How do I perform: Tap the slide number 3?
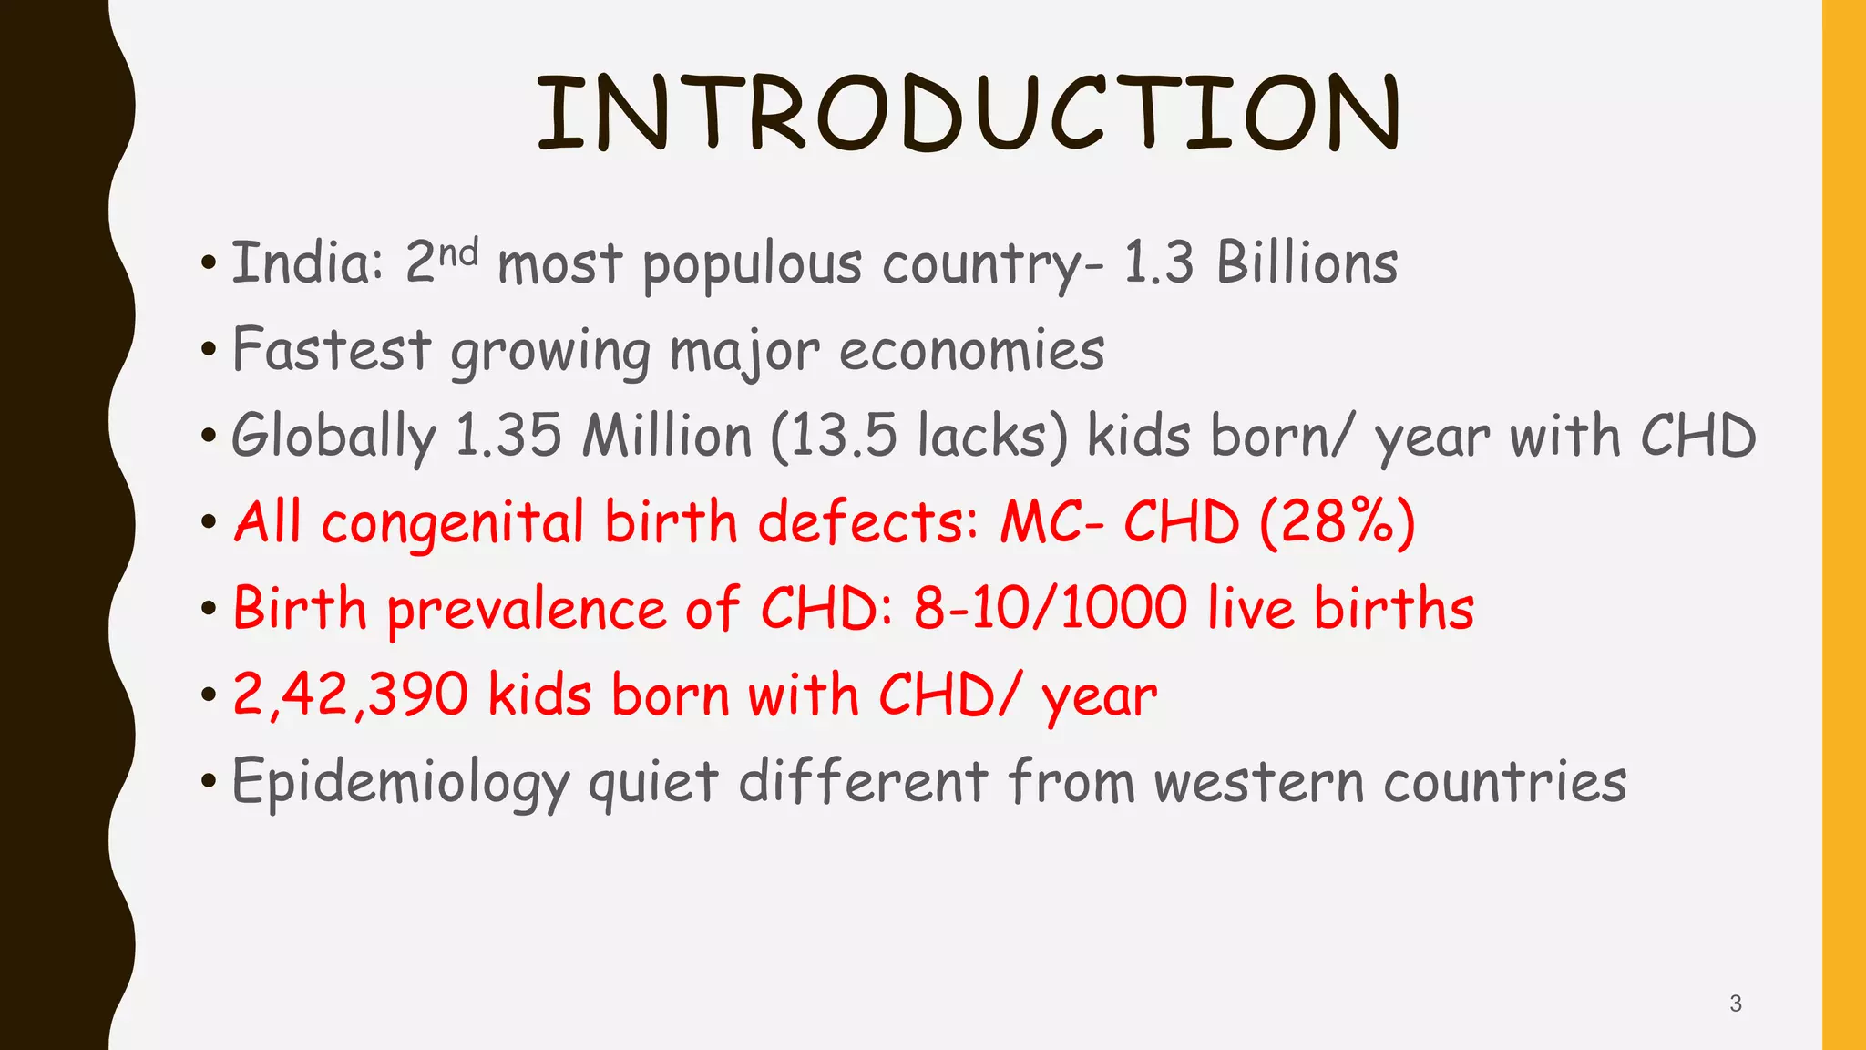coord(1735,1004)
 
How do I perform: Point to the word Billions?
coord(1307,262)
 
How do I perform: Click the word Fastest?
coord(332,349)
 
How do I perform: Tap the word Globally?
coord(333,437)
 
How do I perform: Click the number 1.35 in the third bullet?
coord(508,436)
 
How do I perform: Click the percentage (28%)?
coord(1338,522)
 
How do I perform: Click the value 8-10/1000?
coord(1051,608)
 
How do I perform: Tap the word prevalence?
coord(527,610)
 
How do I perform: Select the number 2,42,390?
coord(351,695)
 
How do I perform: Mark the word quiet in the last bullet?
coord(653,783)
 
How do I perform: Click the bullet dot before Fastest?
coord(210,351)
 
